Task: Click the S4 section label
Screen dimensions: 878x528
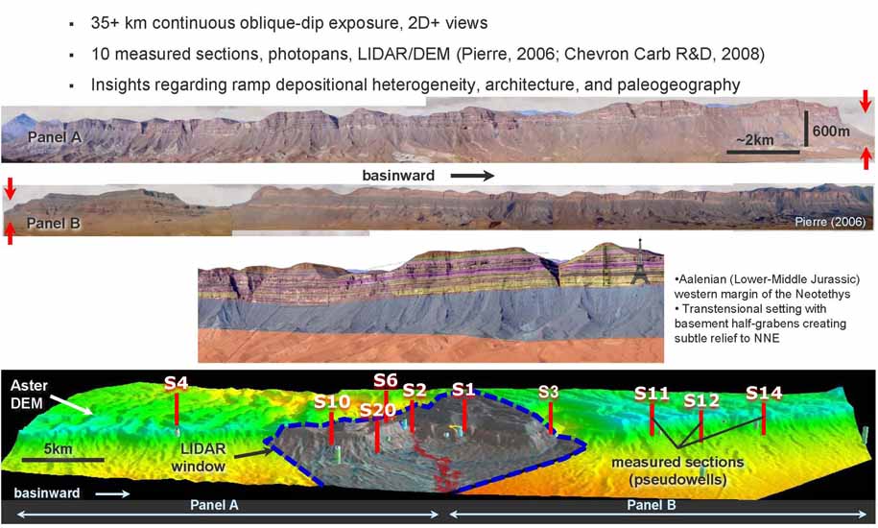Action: (x=176, y=383)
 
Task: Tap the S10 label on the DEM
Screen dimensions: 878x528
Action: (x=332, y=401)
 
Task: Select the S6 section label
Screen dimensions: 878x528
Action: (x=386, y=381)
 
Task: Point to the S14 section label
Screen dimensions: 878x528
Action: (x=764, y=393)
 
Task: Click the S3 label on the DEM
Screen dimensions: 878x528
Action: (x=548, y=392)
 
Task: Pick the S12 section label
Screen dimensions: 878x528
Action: (x=701, y=401)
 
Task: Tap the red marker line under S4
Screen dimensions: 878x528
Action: (x=177, y=410)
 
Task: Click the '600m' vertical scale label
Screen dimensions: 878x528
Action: (x=831, y=131)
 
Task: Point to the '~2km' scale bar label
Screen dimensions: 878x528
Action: (x=755, y=139)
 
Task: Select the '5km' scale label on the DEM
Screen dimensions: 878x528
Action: (x=59, y=449)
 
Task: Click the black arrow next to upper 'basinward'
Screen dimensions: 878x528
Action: (x=472, y=176)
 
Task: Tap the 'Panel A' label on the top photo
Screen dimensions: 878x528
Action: (x=55, y=137)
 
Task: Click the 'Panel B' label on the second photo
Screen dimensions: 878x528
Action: (x=54, y=224)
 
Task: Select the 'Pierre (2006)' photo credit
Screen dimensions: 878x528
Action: (x=830, y=222)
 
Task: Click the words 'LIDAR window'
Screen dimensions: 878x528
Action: (x=199, y=458)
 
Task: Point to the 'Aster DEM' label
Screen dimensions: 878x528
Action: (x=29, y=395)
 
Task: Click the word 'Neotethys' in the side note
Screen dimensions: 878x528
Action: (x=825, y=294)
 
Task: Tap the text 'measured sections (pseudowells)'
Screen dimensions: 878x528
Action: (x=677, y=471)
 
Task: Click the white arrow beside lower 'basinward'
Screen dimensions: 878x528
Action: (x=113, y=493)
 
